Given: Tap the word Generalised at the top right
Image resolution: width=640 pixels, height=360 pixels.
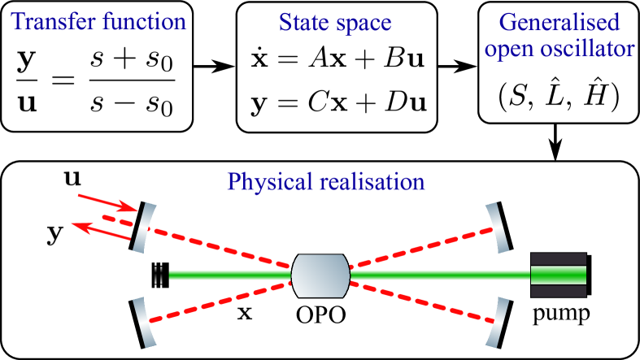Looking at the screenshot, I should tap(559, 22).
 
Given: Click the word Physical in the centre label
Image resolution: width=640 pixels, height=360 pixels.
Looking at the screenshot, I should tap(266, 181).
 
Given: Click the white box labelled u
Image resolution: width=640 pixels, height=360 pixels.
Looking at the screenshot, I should tap(72, 177).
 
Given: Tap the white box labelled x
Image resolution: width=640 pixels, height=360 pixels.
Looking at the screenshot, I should tap(245, 312).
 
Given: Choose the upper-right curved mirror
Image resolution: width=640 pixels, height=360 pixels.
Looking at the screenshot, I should tap(499, 227).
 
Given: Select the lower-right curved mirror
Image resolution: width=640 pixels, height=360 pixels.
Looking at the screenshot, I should tap(499, 322).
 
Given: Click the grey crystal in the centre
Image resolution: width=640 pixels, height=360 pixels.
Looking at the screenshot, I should tap(320, 275).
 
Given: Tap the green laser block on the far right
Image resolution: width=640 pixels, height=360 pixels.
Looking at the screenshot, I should tap(558, 275).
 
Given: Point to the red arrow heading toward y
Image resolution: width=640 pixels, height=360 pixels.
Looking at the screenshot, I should tap(100, 231).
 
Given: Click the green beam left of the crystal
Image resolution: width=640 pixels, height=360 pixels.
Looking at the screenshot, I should tap(228, 275).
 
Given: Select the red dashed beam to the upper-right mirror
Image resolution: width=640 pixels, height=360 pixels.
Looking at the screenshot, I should tap(423, 247).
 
